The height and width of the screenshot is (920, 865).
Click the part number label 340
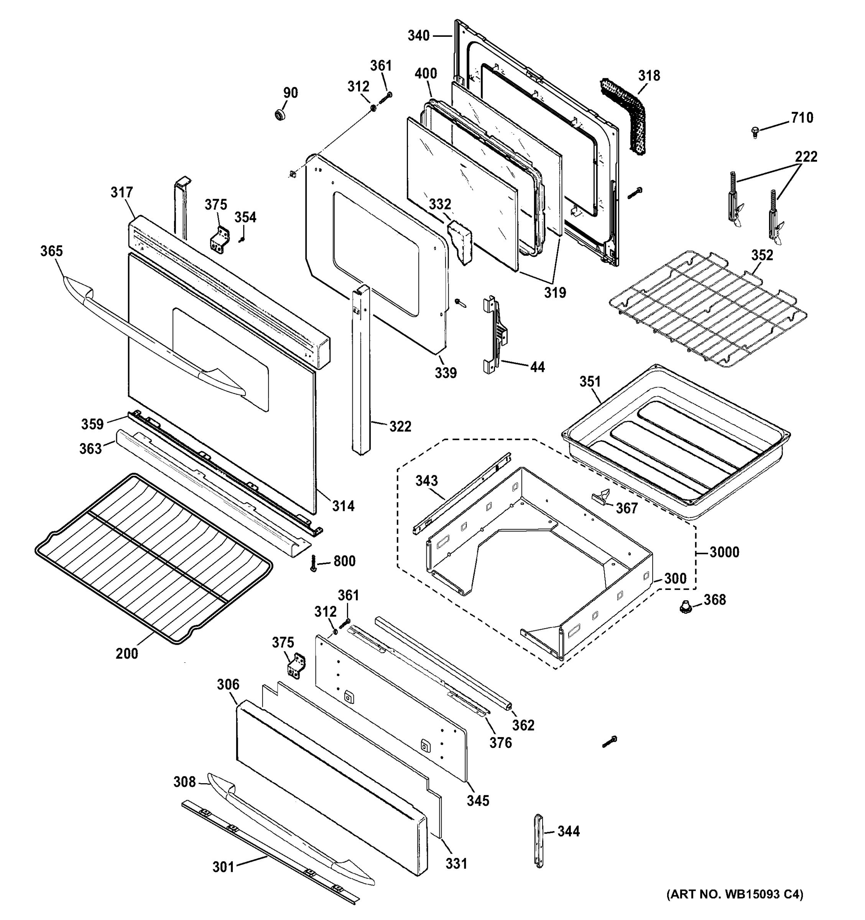(418, 36)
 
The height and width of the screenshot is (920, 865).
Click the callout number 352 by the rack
(762, 255)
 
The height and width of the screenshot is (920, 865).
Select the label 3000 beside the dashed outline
(724, 552)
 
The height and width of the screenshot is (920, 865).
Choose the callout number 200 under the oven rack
(127, 654)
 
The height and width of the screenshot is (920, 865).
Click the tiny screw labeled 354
(241, 239)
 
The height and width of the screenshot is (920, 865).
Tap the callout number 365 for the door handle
(51, 251)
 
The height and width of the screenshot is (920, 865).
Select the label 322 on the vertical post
(400, 426)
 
